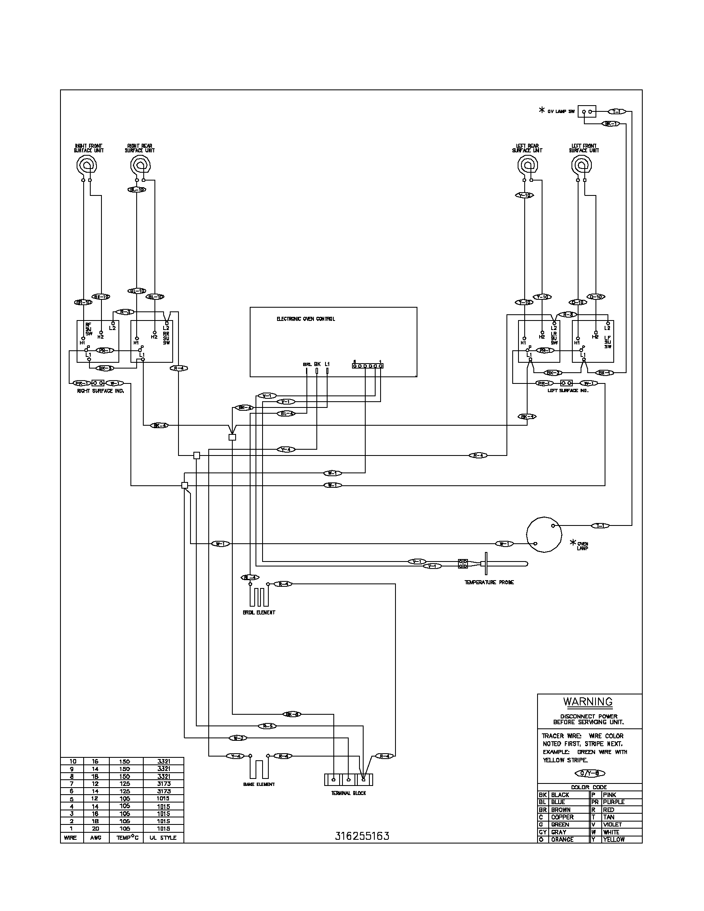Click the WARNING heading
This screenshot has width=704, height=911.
click(x=588, y=702)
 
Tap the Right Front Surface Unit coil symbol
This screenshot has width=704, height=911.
click(x=87, y=166)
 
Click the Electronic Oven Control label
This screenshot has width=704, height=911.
click(x=306, y=319)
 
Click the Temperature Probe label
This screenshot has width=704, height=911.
click(x=489, y=582)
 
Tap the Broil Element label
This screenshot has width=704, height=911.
click(x=258, y=612)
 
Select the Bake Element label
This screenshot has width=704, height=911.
click(x=258, y=784)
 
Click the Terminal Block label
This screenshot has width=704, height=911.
click(x=348, y=793)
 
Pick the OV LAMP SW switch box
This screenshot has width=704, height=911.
click(x=587, y=112)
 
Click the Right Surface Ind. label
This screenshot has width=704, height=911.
click(x=101, y=391)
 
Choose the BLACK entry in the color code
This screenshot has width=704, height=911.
click(x=560, y=795)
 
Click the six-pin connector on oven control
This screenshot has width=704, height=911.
click(x=367, y=365)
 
